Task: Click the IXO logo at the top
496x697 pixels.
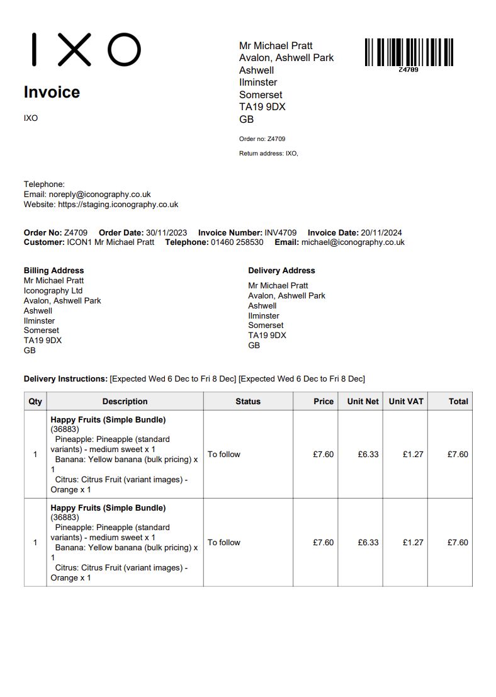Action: [86, 50]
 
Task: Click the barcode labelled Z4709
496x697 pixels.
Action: [409, 53]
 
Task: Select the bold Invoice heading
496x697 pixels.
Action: [52, 93]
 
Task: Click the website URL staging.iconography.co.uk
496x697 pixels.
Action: [118, 205]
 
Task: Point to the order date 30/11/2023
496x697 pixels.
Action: [166, 232]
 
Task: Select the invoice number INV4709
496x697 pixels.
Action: [280, 232]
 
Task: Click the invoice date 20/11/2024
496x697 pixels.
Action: [380, 232]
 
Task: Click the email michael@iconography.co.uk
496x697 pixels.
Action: [352, 242]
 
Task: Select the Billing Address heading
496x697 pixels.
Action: [54, 271]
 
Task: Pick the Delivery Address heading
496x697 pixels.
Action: [281, 271]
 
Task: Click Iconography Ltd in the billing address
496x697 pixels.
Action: [53, 291]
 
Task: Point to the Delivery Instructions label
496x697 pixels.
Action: [65, 379]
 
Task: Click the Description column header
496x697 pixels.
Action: [125, 402]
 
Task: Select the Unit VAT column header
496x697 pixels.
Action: [406, 402]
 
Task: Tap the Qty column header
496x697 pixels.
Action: [35, 402]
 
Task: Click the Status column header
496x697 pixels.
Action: [248, 402]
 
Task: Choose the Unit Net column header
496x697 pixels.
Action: [363, 402]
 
